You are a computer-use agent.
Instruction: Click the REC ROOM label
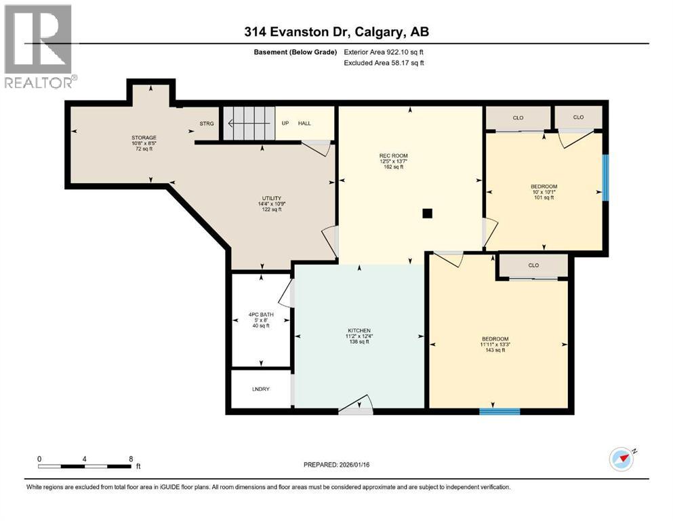pyautogui.click(x=393, y=156)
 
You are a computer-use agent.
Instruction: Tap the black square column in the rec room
pyautogui.click(x=426, y=213)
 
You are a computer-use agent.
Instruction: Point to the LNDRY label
pyautogui.click(x=260, y=390)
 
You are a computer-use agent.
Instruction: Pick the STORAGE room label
pyautogui.click(x=144, y=138)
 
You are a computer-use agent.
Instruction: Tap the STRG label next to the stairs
pyautogui.click(x=206, y=123)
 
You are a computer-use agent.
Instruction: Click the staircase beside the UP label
pyautogui.click(x=248, y=123)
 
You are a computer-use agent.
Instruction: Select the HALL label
pyautogui.click(x=305, y=123)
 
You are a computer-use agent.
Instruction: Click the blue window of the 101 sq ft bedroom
pyautogui.click(x=606, y=178)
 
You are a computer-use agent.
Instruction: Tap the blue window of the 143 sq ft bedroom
pyautogui.click(x=499, y=410)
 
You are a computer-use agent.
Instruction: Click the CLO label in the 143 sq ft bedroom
pyautogui.click(x=533, y=265)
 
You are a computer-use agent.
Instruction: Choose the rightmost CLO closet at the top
pyautogui.click(x=578, y=117)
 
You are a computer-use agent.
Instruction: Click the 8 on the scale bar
pyautogui.click(x=131, y=459)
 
